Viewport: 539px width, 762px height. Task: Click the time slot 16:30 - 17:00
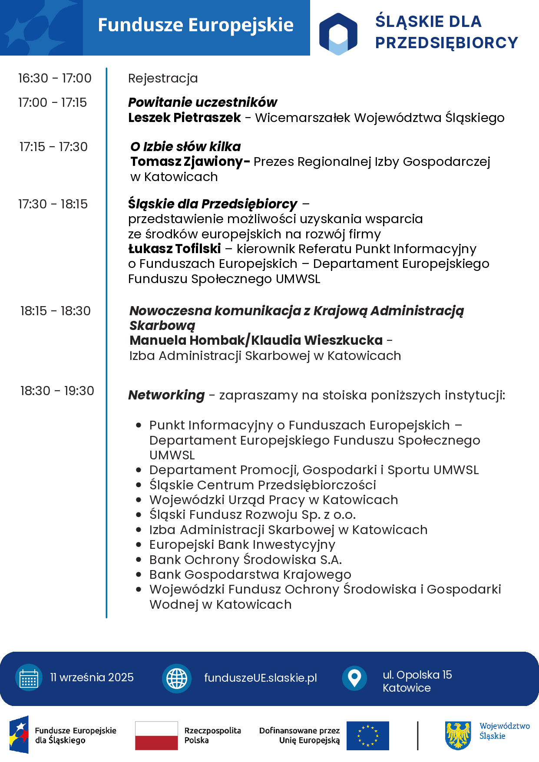click(55, 78)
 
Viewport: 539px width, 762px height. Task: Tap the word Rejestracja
click(163, 78)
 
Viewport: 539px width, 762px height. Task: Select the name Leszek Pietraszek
click(184, 118)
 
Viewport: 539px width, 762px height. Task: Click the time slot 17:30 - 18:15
click(53, 204)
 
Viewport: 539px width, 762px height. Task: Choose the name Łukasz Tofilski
click(175, 249)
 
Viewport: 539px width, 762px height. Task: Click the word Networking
click(166, 395)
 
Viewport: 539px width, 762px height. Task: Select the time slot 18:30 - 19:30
click(57, 391)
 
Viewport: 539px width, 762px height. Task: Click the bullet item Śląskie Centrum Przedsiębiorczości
click(262, 485)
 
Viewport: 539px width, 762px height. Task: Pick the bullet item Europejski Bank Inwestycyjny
click(242, 544)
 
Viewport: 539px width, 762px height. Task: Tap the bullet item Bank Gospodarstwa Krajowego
click(250, 574)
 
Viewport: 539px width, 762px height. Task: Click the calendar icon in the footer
click(29, 678)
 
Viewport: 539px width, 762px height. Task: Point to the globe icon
click(177, 678)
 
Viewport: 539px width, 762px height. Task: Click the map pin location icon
click(354, 678)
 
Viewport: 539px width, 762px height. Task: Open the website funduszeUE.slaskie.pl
click(260, 678)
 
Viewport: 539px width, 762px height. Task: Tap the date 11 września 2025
click(92, 677)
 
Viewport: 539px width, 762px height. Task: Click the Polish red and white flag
click(156, 736)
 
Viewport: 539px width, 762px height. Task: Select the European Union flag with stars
click(367, 736)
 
